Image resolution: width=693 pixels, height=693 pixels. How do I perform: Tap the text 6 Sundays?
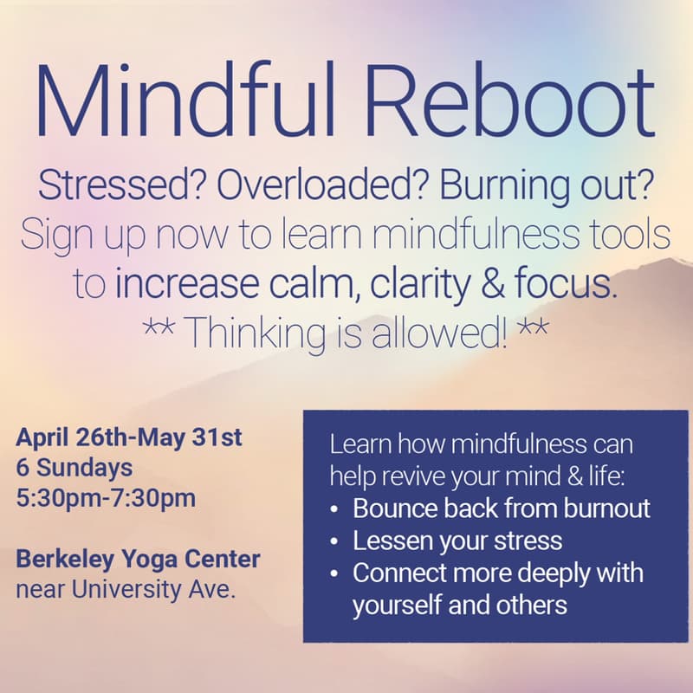point(74,468)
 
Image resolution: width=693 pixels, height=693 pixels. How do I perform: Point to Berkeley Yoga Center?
point(138,559)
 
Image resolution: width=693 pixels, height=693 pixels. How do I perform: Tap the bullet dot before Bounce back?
point(334,509)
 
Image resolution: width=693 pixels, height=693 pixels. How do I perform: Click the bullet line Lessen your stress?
point(457,541)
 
